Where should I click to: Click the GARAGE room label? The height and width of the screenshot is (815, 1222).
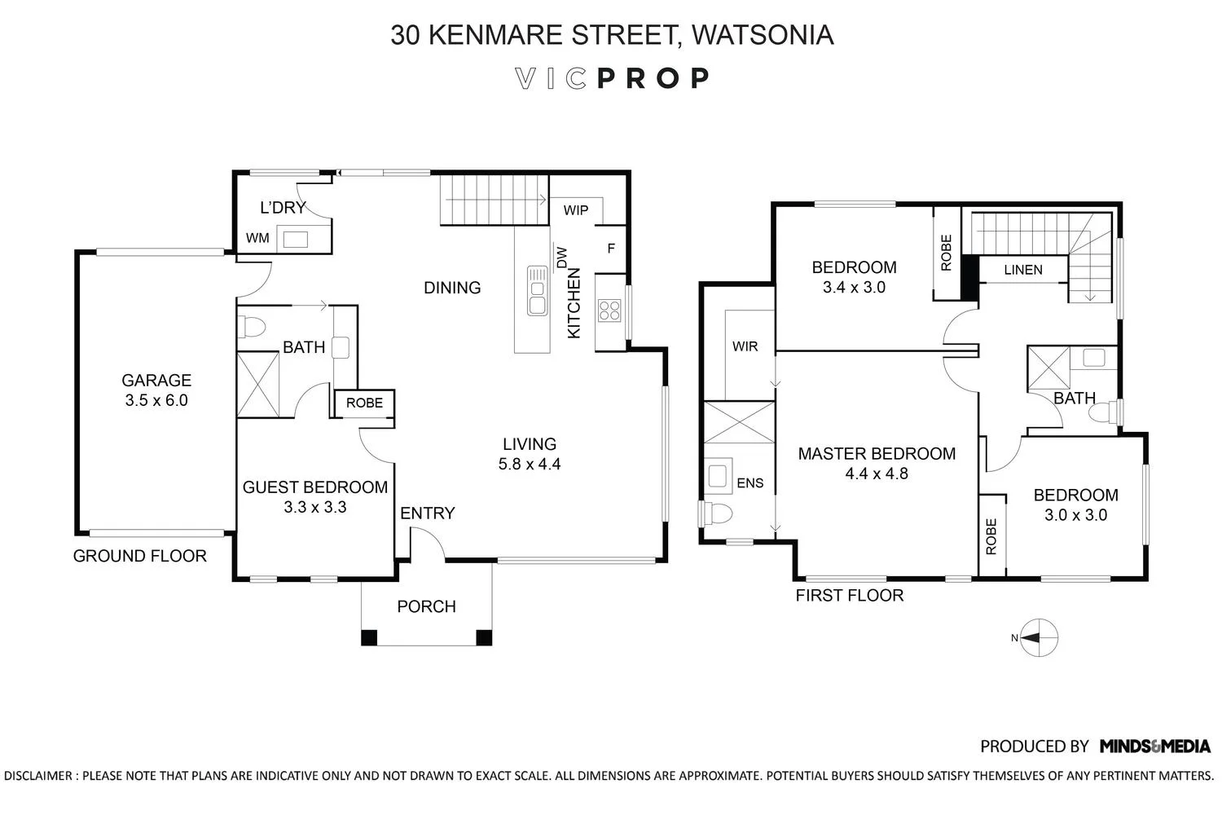(x=156, y=380)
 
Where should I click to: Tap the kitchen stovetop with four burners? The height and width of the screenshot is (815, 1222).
(x=609, y=310)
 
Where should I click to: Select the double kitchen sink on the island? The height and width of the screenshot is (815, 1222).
(x=537, y=290)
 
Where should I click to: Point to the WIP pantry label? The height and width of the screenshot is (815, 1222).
(x=576, y=210)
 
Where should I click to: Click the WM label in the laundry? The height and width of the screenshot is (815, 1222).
(x=257, y=239)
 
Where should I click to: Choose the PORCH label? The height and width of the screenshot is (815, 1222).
(x=426, y=606)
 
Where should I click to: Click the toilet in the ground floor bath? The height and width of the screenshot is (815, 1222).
(x=252, y=327)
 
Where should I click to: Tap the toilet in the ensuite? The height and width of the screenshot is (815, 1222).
(x=718, y=513)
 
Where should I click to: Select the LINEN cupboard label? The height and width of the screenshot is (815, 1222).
(x=1023, y=270)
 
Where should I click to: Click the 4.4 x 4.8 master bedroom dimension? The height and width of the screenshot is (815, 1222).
(x=877, y=474)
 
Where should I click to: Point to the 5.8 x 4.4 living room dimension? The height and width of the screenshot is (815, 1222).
(x=530, y=465)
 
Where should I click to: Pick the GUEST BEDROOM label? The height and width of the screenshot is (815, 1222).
(x=314, y=487)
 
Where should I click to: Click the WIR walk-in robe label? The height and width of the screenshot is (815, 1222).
(x=745, y=346)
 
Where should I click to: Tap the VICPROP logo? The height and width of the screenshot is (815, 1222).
(x=612, y=78)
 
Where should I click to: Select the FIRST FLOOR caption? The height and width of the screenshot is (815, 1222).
(x=850, y=596)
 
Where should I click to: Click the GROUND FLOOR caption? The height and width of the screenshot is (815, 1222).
(x=140, y=556)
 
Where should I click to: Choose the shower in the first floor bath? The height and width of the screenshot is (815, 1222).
(x=1048, y=366)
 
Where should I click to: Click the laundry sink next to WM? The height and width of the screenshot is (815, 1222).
(x=294, y=239)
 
